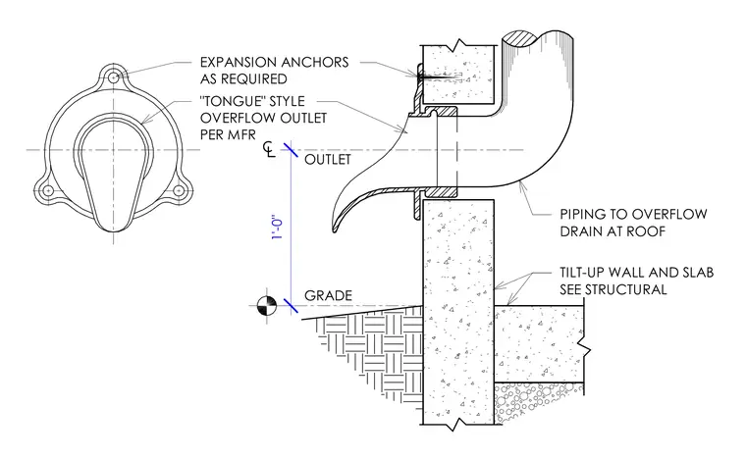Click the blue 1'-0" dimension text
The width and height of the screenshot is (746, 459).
[x=278, y=229]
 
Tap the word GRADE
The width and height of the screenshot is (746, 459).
[x=328, y=295]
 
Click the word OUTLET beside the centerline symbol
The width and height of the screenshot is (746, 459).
[x=328, y=159]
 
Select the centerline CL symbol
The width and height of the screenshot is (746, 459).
[x=269, y=149]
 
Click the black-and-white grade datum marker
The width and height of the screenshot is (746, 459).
[x=266, y=306]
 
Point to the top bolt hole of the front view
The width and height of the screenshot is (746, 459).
[x=113, y=77]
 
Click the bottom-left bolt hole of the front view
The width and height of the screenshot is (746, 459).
[x=48, y=190]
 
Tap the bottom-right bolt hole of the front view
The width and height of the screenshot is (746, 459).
[x=179, y=190]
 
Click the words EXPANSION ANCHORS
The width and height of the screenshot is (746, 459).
[x=274, y=62]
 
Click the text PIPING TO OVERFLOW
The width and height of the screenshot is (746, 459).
[x=633, y=214]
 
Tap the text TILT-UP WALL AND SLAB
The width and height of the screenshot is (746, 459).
[x=637, y=273]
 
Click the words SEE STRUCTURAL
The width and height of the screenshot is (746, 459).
[x=613, y=289]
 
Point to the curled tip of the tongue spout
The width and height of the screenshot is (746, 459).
[x=335, y=229]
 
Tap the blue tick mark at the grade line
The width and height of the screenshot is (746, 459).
[x=291, y=306]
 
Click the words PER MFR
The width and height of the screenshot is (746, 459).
[x=228, y=134]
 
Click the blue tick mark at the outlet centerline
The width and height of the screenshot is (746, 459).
[x=291, y=150]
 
